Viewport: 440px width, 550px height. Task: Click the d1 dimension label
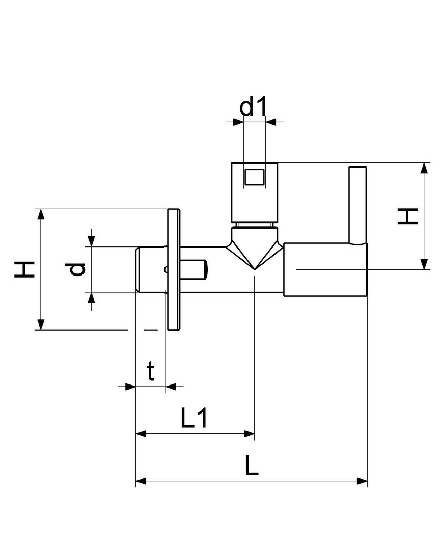coord(253,106)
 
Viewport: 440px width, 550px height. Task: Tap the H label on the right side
coord(408,216)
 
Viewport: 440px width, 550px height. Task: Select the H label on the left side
coord(24,269)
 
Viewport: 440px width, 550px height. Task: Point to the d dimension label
coord(76,269)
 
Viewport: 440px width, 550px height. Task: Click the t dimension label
coord(151,371)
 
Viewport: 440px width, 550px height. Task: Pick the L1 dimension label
coord(194,418)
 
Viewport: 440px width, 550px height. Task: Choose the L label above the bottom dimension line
coord(252,465)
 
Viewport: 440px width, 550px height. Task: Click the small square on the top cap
coord(255,177)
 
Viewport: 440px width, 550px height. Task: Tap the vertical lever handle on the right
coord(358,205)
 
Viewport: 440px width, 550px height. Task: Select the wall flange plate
coord(174,269)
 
